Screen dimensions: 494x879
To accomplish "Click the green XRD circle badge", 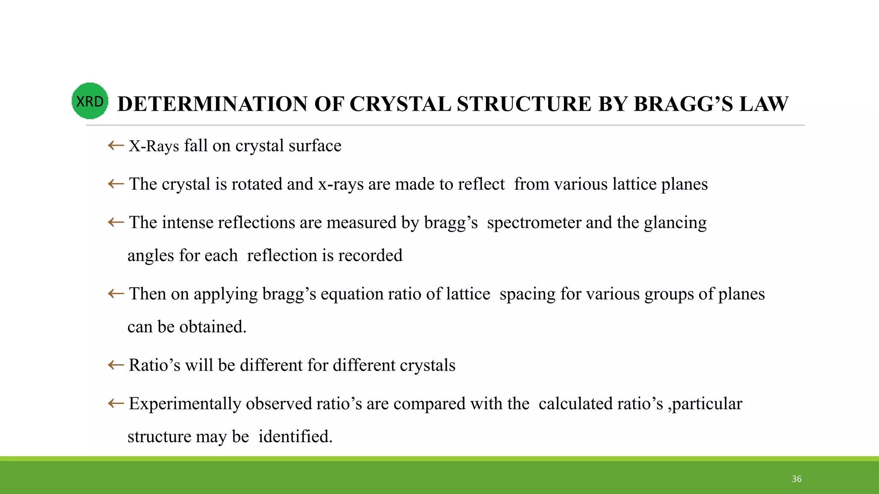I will (x=90, y=101).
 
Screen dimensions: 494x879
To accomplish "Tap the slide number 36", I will (x=797, y=479).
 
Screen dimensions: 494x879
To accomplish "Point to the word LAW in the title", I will (x=764, y=104).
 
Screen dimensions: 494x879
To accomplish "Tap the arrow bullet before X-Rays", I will (x=116, y=146).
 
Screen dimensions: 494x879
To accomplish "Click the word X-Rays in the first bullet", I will (x=154, y=146).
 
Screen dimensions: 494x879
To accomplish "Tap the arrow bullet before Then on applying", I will (x=116, y=294).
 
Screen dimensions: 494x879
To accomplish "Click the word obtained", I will (x=212, y=327).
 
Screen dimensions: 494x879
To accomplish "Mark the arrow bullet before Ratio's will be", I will (x=116, y=365).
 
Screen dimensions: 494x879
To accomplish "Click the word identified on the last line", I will (x=295, y=437).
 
